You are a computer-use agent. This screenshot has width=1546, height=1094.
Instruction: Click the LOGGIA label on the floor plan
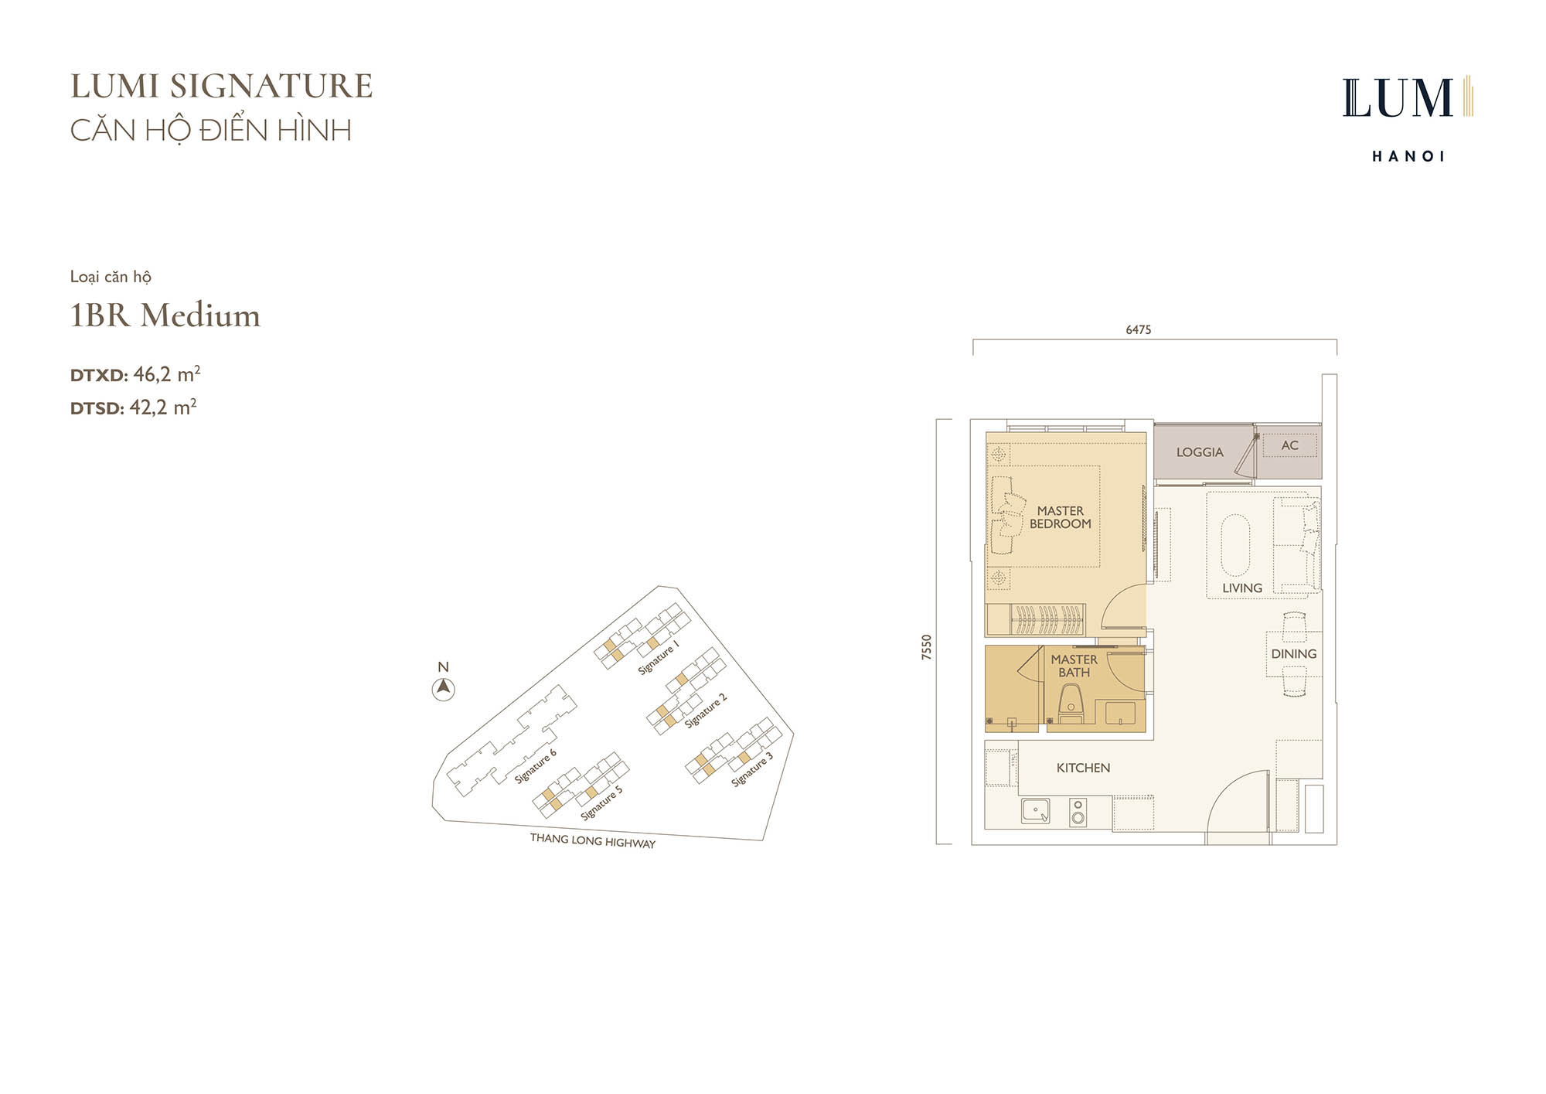tap(1200, 452)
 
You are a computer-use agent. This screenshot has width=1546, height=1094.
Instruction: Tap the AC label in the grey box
tap(1289, 445)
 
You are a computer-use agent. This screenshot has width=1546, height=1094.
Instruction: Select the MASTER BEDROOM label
tap(1061, 517)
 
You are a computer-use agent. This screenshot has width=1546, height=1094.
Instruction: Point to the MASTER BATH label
tap(1074, 666)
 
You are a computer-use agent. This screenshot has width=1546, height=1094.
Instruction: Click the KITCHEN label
tap(1083, 768)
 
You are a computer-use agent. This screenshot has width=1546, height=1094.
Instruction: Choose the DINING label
tap(1294, 654)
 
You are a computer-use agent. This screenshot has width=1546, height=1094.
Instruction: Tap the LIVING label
tap(1242, 588)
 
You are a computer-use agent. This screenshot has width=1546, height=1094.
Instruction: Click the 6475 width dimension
tap(1139, 330)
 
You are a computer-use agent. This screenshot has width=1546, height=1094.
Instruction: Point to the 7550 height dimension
tap(927, 647)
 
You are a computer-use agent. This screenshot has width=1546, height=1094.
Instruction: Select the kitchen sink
tap(1036, 811)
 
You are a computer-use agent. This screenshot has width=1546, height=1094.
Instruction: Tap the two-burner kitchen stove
tap(1078, 813)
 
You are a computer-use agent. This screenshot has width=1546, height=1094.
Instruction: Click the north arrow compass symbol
tap(443, 688)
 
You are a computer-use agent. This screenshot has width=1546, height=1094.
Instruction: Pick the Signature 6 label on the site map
tap(536, 766)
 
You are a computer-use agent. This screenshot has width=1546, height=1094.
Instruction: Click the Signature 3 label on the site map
tap(752, 769)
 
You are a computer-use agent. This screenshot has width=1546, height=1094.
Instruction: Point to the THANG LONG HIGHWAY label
tap(593, 840)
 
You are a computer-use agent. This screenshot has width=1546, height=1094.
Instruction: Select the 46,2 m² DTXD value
tap(167, 374)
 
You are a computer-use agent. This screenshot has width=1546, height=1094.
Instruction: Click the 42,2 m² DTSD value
tap(163, 407)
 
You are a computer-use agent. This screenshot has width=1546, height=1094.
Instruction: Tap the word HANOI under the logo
tap(1408, 156)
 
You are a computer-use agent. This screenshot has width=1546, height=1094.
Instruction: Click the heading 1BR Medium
tap(165, 315)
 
